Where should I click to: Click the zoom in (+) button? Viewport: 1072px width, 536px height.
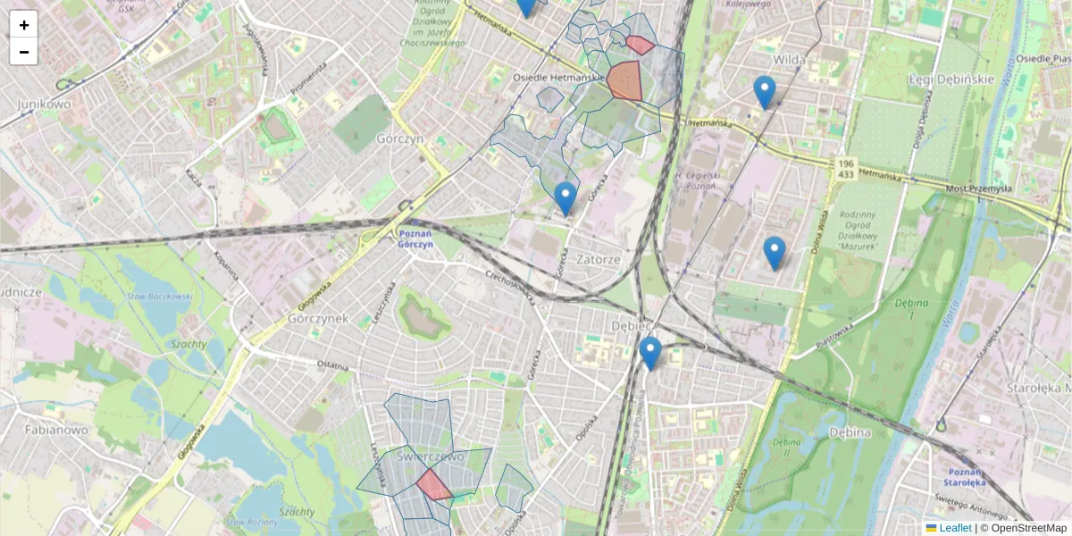click(23, 25)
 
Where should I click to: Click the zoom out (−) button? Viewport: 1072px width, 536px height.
click(23, 52)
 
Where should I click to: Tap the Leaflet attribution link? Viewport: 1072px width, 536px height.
click(955, 528)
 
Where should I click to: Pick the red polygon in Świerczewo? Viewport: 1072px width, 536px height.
click(434, 485)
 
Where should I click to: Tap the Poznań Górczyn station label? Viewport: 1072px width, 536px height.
click(414, 239)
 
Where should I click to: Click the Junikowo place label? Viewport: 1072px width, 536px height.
click(44, 104)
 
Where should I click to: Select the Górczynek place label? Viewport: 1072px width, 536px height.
click(317, 318)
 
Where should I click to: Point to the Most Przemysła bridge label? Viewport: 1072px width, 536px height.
click(979, 188)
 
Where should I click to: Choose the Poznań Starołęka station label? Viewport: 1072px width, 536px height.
click(965, 475)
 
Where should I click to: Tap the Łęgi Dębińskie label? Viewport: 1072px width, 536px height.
click(951, 79)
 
